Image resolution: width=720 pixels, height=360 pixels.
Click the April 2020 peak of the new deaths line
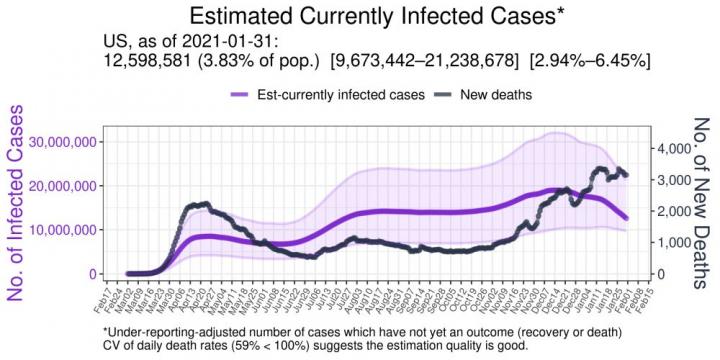[x=203, y=204]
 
